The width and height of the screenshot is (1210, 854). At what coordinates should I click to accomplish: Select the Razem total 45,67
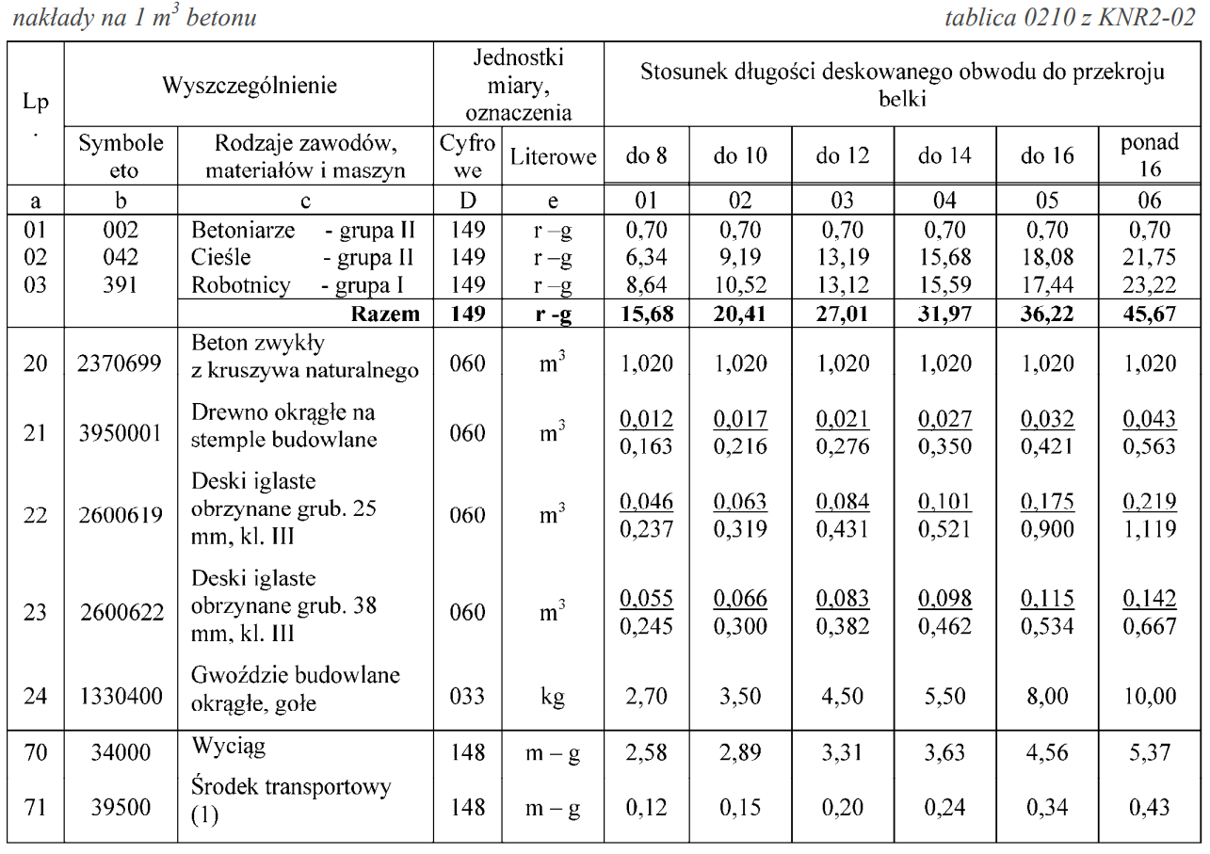click(1150, 314)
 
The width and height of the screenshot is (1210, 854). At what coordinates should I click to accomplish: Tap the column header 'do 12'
click(842, 156)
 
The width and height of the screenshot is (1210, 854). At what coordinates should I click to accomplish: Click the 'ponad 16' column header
click(1150, 156)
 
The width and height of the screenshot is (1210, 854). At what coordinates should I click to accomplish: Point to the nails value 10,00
click(1150, 696)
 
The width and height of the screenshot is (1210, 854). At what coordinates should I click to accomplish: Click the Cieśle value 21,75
click(1150, 256)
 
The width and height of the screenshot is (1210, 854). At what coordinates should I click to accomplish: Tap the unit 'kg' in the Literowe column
click(552, 696)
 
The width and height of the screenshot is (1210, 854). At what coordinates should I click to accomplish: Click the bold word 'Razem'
click(383, 314)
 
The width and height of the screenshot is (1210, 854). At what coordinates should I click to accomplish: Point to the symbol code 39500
click(121, 807)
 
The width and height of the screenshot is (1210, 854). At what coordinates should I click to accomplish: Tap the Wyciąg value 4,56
click(1047, 752)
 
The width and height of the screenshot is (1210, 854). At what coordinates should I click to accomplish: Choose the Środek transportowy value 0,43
click(1150, 807)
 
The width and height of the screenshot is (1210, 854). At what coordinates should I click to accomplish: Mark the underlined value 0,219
click(1150, 501)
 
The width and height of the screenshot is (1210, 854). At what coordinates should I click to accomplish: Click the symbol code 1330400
click(121, 696)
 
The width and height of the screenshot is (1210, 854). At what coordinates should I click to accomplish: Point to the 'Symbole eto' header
click(121, 156)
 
